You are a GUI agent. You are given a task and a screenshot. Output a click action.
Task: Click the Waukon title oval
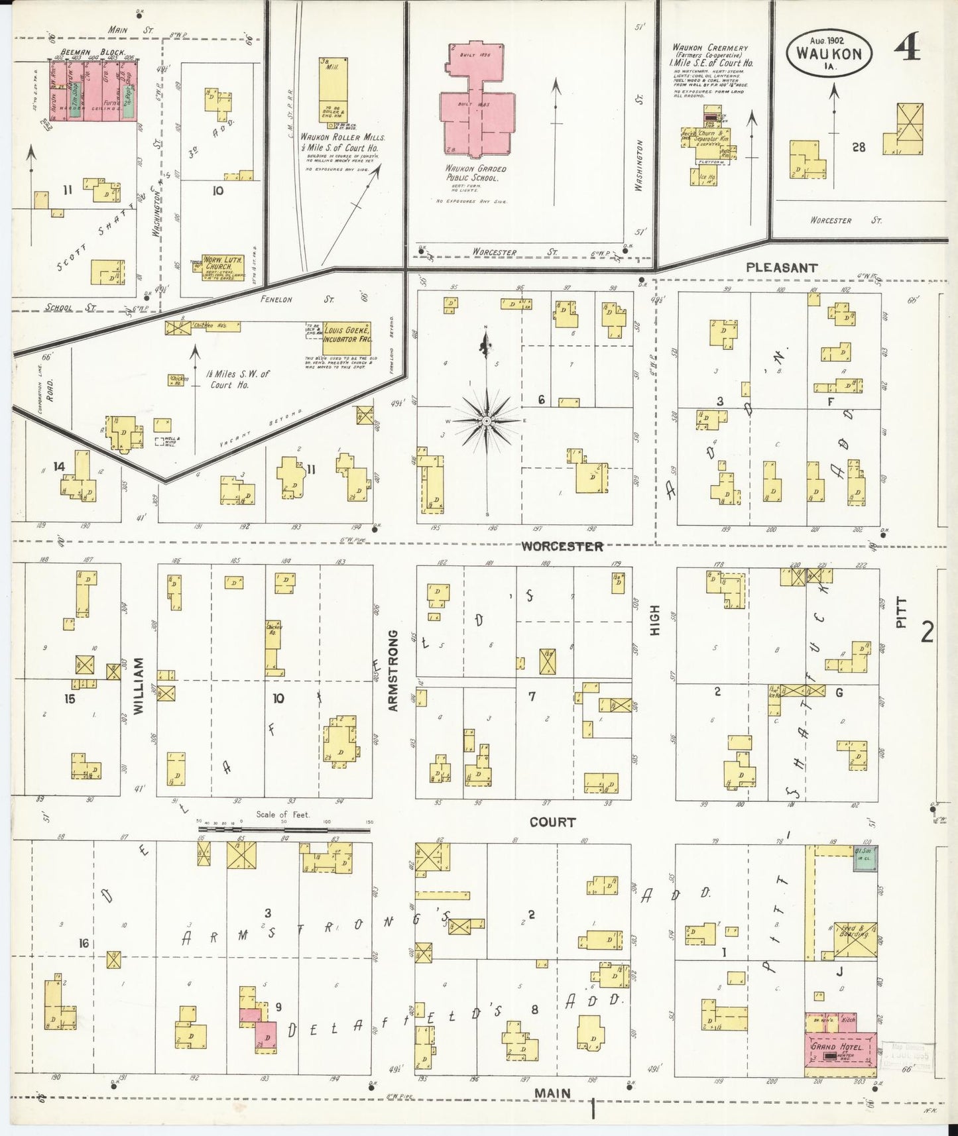coord(829,51)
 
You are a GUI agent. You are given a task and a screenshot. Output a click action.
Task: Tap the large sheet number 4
coord(906,48)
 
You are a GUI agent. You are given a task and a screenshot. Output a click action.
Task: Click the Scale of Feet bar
coord(284,828)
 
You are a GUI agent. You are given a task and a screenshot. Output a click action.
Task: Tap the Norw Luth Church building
coord(223,263)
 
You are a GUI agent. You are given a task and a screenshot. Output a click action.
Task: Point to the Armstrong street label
coord(392,671)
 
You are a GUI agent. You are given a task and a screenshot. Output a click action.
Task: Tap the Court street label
coord(552,822)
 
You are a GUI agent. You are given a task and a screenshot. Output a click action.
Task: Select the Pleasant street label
coord(782,268)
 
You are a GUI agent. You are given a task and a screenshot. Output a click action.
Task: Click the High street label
coord(655,620)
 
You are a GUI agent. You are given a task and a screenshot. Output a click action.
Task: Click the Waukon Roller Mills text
coord(342,137)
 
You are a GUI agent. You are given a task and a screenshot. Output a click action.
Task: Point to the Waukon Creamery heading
coord(709,48)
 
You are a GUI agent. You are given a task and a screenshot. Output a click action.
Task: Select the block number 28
coord(859,147)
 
